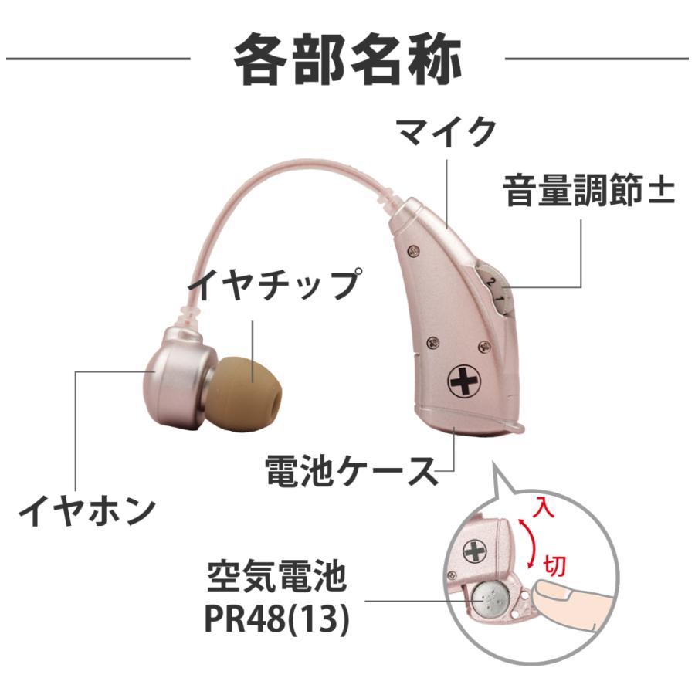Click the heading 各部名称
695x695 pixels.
[347, 59]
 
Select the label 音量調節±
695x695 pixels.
[589, 190]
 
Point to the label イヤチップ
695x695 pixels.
[276, 284]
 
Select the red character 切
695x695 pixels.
[555, 564]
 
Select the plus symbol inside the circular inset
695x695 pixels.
[473, 551]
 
